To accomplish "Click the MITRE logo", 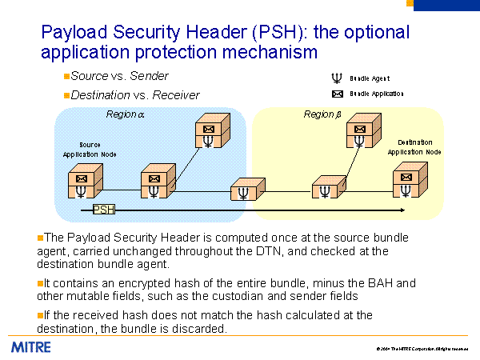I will point(31,347).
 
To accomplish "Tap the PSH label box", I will point(104,210).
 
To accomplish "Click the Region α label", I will point(126,114).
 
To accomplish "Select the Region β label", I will point(322,114).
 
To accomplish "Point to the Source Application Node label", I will point(90,149).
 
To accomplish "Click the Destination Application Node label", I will point(414,146).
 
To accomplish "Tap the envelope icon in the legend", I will point(337,94).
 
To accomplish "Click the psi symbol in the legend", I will point(336,78).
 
